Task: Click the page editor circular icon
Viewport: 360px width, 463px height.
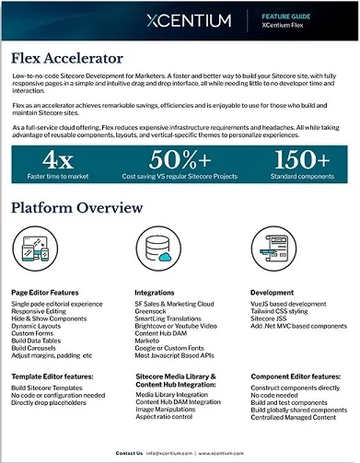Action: coord(34,249)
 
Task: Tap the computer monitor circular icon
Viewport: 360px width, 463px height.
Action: coord(273,249)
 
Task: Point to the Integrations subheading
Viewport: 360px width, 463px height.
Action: coord(156,293)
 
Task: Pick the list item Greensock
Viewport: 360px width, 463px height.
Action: coord(153,311)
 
